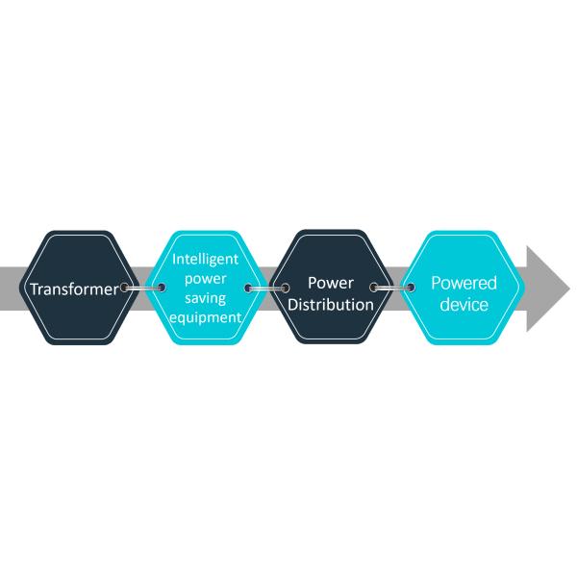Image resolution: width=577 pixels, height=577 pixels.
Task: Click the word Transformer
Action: [75, 288]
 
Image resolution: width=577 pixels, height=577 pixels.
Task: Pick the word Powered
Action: [464, 284]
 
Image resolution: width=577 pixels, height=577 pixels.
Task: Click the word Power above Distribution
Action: [331, 284]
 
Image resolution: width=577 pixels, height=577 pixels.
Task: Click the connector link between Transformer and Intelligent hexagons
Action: [142, 288]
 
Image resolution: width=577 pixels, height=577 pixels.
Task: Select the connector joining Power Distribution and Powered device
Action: [390, 288]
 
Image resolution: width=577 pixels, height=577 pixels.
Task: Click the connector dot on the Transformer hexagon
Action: [126, 288]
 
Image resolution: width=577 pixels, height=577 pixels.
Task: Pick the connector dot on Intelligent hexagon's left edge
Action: [158, 288]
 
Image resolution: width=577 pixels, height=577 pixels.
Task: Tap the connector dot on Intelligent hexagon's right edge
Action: [249, 288]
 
